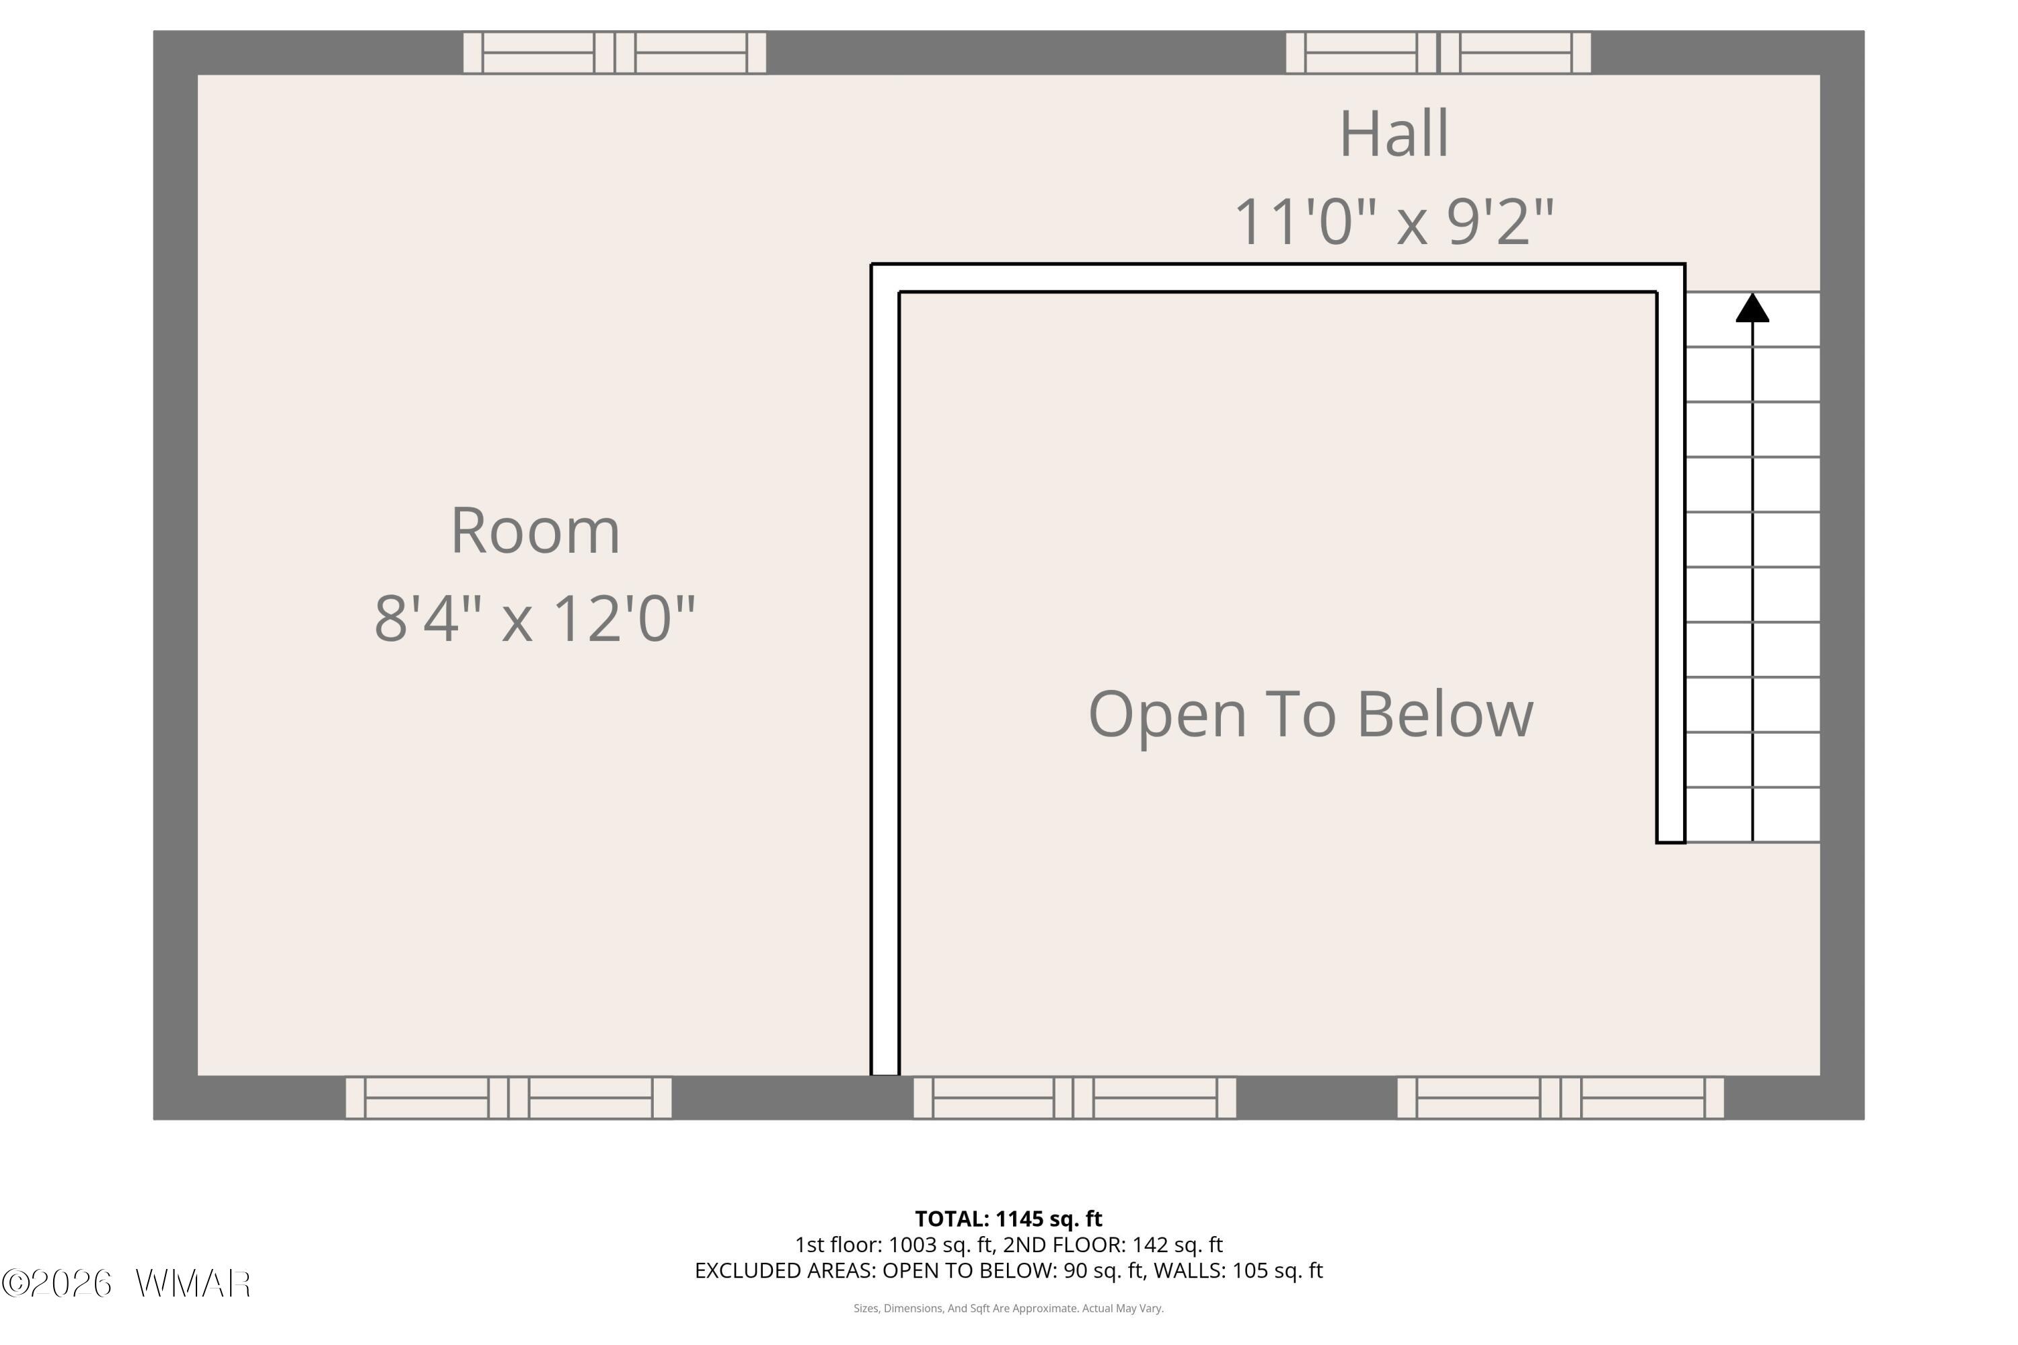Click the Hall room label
tap(1394, 134)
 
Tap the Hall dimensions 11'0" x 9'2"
tap(1394, 221)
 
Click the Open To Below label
tap(1311, 714)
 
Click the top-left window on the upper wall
tap(614, 52)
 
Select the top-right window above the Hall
tap(1438, 52)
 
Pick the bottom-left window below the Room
tap(509, 1098)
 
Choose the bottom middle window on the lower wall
tap(1074, 1098)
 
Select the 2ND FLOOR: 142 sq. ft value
tap(1113, 1245)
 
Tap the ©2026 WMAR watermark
tap(126, 1284)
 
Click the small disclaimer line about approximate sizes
tap(1008, 1308)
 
